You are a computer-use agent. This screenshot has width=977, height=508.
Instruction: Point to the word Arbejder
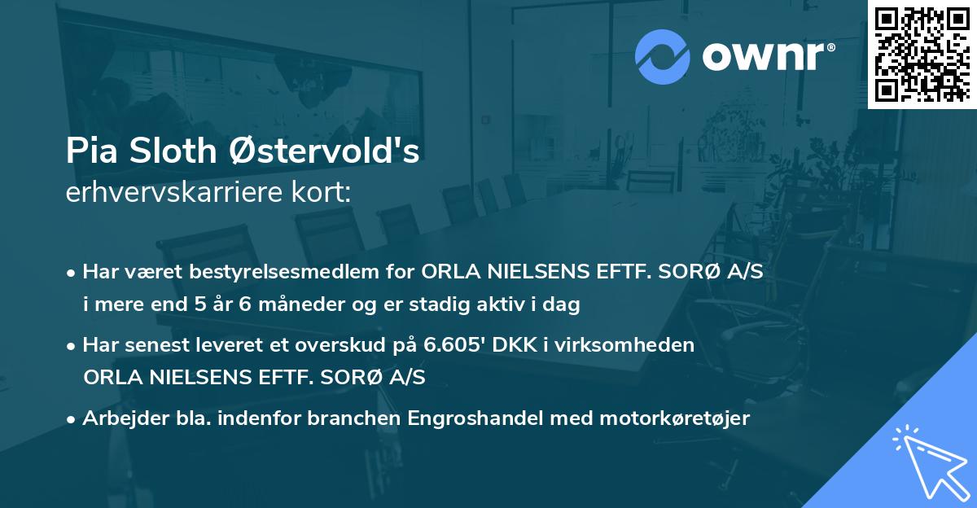(118, 418)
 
